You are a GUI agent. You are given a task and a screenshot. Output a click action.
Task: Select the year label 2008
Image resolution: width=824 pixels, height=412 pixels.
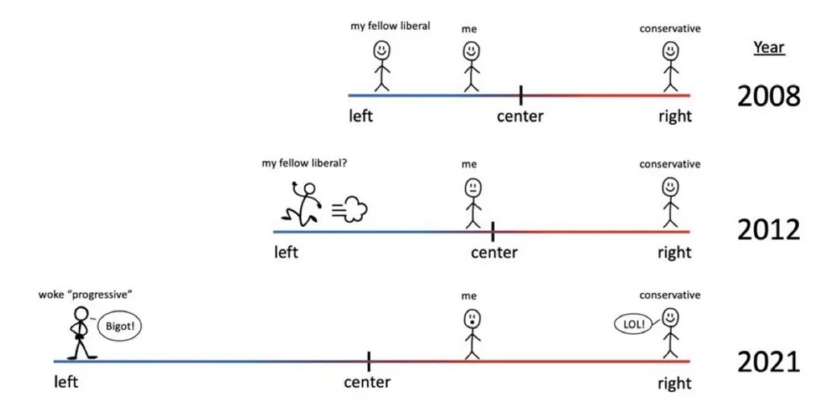(x=768, y=97)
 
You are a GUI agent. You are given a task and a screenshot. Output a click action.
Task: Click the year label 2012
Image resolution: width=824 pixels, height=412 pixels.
(x=768, y=230)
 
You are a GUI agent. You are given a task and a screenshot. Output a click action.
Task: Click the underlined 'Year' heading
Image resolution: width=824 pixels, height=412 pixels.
(x=768, y=47)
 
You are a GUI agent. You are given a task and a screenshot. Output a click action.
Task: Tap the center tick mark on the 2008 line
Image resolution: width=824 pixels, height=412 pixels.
(x=521, y=95)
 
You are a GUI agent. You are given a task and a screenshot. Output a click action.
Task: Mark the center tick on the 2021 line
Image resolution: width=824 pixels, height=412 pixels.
(x=369, y=361)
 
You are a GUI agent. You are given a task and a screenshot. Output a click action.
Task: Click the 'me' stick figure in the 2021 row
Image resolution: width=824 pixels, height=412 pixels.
(x=472, y=333)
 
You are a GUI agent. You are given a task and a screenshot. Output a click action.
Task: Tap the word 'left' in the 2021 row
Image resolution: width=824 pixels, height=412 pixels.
(x=66, y=382)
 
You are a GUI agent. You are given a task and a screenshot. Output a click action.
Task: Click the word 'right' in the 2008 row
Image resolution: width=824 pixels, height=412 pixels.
(x=674, y=116)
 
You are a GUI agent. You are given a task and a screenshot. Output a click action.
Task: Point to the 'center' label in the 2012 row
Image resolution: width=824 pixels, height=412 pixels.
(x=494, y=253)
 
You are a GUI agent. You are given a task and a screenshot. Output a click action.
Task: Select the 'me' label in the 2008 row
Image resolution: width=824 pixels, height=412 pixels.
(x=470, y=29)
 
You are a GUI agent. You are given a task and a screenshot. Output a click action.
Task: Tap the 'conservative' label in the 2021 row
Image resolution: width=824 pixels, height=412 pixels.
(x=669, y=295)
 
